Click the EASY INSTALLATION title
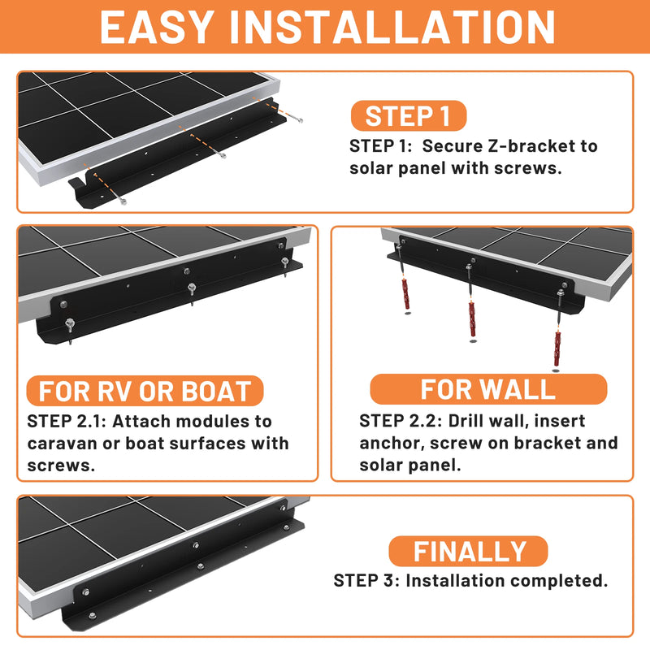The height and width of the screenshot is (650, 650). (x=325, y=28)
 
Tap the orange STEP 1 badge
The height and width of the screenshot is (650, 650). (x=408, y=116)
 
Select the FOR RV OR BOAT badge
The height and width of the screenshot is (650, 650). (x=145, y=391)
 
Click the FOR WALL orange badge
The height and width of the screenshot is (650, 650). (x=487, y=389)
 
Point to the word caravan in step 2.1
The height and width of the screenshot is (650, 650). (x=62, y=444)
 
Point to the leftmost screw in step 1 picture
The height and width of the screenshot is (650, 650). (x=123, y=200)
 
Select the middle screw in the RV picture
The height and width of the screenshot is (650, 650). (x=191, y=290)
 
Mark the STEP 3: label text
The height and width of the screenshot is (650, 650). (x=366, y=581)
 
